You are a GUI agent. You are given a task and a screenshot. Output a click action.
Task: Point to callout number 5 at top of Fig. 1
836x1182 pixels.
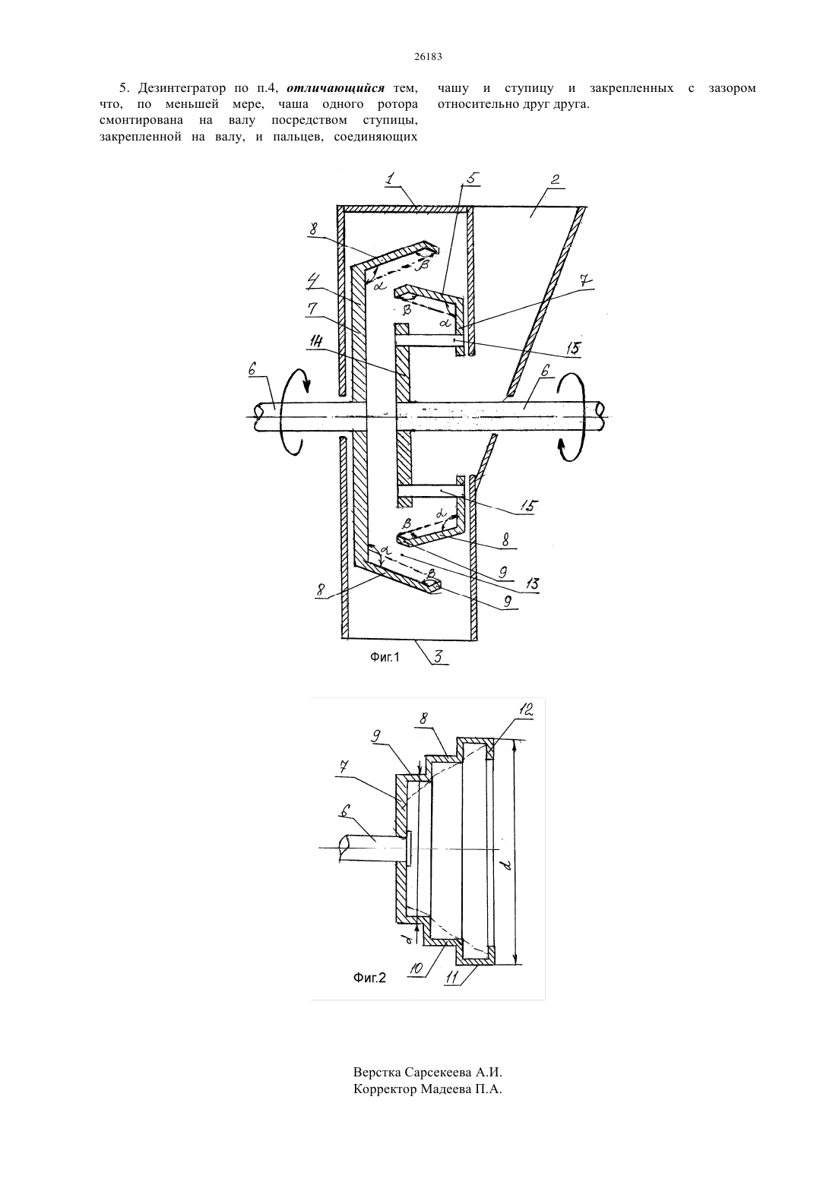pos(470,178)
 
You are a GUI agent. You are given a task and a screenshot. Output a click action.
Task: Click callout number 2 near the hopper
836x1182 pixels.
pos(554,179)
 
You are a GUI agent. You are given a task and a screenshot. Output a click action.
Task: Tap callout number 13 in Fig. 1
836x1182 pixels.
pos(532,583)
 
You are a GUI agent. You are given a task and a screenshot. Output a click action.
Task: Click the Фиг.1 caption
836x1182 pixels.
pos(385,657)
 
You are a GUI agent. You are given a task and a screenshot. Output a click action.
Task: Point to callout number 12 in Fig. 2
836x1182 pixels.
pos(525,710)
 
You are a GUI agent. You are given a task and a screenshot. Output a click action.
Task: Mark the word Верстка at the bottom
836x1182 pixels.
pos(377,1073)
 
